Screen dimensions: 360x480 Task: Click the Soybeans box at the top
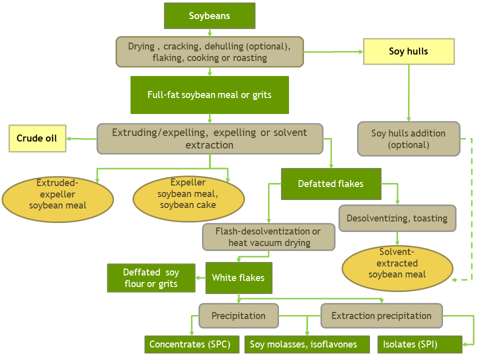tap(209, 15)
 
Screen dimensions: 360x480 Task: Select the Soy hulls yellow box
tap(408, 51)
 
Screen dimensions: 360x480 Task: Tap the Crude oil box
tap(37, 138)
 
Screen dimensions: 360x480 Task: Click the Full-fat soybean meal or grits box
tap(209, 95)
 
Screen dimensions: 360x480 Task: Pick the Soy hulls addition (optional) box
tap(408, 139)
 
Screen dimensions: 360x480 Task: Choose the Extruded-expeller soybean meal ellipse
tap(57, 199)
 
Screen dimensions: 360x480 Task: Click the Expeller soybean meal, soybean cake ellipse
tap(188, 199)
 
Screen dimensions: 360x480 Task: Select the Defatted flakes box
tap(331, 183)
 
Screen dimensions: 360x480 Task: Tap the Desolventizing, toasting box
tap(397, 218)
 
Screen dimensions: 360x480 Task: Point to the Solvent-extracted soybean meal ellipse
tap(397, 268)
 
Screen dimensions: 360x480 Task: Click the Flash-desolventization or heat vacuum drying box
tap(268, 237)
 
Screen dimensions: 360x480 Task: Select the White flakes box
tap(238, 278)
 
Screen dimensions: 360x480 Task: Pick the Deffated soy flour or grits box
tap(151, 278)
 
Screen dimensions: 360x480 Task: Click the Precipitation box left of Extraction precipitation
tap(238, 316)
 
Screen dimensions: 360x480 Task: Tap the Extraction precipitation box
tap(381, 316)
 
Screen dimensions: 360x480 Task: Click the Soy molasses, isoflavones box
tap(307, 344)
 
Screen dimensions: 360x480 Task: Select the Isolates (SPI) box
tap(419, 344)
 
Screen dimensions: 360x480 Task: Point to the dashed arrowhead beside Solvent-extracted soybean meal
tap(454, 280)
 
